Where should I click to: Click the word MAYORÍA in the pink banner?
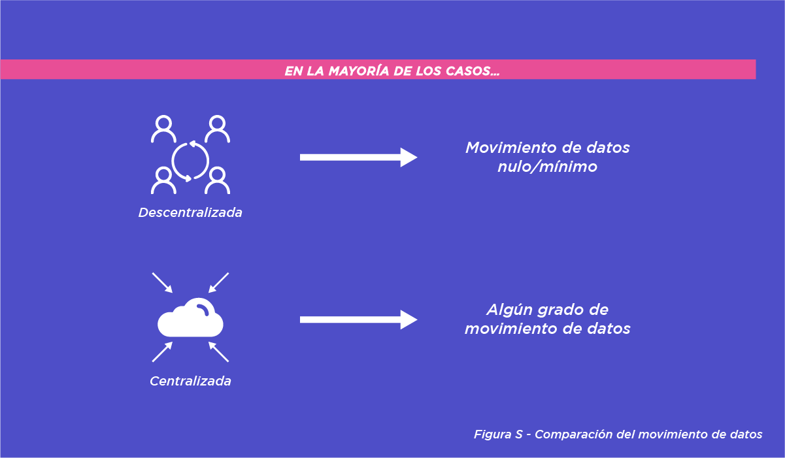(x=352, y=71)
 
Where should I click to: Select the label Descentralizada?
(x=190, y=213)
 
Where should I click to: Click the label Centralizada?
(x=190, y=381)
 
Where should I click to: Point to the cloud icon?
(x=191, y=317)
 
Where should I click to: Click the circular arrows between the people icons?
(x=190, y=160)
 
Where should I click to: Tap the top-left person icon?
(x=163, y=129)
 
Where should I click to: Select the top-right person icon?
(x=217, y=129)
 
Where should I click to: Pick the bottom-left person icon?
(x=163, y=180)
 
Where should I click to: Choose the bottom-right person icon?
(x=217, y=180)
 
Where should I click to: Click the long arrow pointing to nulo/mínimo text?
(x=358, y=157)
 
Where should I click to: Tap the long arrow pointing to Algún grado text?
(x=358, y=319)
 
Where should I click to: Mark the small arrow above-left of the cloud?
(x=162, y=282)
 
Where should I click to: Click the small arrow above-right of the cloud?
(x=219, y=282)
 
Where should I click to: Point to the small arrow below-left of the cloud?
(x=162, y=352)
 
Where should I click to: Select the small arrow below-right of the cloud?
(x=219, y=352)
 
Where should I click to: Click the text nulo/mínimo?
(x=548, y=167)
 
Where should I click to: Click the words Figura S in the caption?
(x=497, y=434)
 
